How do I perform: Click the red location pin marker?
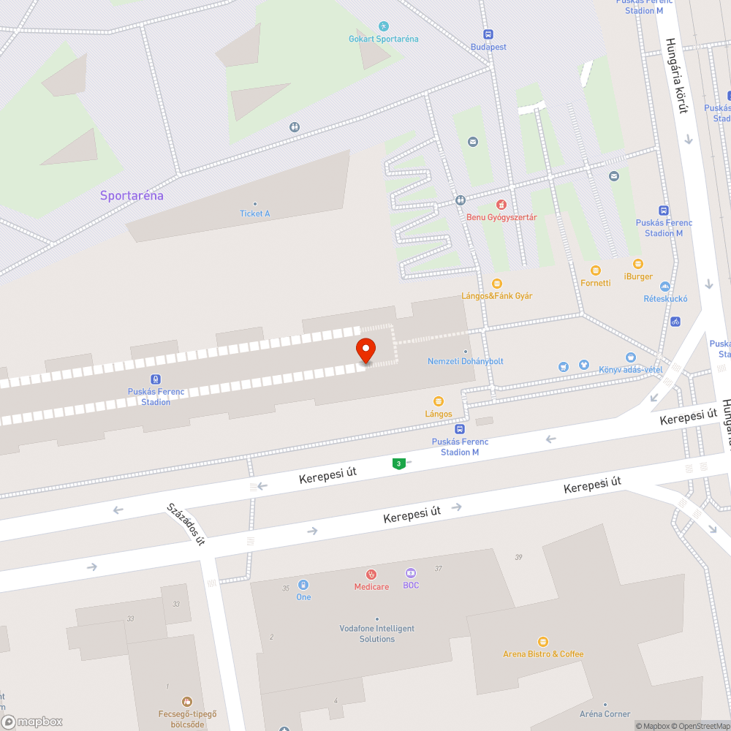coord(365,350)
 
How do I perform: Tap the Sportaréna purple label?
coord(132,196)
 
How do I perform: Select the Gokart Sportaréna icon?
coord(384,26)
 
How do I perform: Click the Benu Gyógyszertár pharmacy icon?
coord(501,205)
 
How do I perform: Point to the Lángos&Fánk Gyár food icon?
coord(497,284)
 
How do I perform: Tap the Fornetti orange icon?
coord(595,270)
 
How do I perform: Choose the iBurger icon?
coord(638,264)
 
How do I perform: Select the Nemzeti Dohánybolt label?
coord(465,361)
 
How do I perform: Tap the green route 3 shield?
coord(398,463)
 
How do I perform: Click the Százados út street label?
coord(186,523)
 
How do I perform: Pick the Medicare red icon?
coord(371,575)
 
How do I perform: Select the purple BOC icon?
coord(411,573)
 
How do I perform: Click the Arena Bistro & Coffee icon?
coord(542,642)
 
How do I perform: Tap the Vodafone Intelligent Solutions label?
coord(376,634)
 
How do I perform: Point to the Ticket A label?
coord(254,213)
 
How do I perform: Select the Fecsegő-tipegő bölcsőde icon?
coord(188,702)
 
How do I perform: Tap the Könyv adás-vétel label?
coord(630,370)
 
